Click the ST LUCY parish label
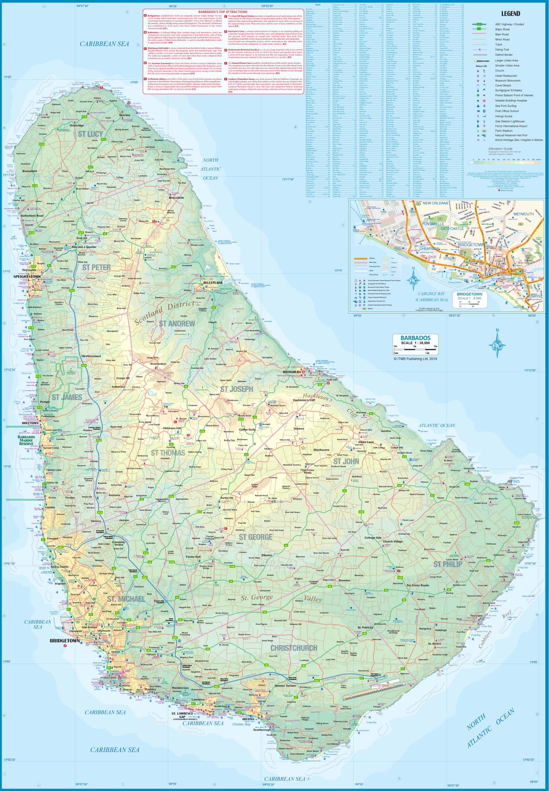click(90, 134)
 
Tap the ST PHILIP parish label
click(448, 564)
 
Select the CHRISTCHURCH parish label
click(294, 648)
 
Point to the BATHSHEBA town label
click(292, 372)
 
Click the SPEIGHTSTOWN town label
click(27, 277)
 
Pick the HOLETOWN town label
click(30, 423)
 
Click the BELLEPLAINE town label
click(213, 283)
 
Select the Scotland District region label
click(164, 313)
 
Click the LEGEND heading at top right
click(510, 14)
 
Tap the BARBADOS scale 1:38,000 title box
click(415, 340)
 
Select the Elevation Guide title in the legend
click(500, 149)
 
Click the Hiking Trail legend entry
click(502, 49)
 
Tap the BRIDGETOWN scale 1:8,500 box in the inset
click(470, 296)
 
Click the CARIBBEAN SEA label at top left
click(104, 44)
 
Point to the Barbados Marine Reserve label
click(26, 441)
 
